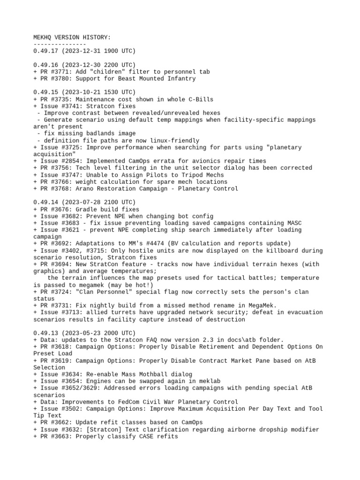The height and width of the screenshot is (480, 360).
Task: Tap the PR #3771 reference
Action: click(x=54, y=72)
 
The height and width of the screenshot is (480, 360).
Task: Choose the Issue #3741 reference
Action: click(x=61, y=106)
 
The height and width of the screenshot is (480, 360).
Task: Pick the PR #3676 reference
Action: click(x=54, y=209)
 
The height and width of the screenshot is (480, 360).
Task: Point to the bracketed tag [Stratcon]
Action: click(x=104, y=429)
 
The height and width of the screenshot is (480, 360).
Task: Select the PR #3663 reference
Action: click(x=54, y=436)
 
